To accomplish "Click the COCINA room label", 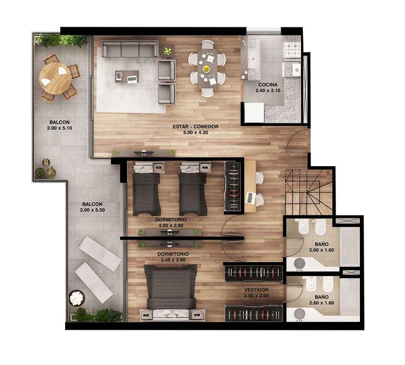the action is pyautogui.click(x=268, y=85).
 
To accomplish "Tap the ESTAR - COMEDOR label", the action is pyautogui.click(x=196, y=127).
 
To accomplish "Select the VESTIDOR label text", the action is pyautogui.click(x=256, y=290).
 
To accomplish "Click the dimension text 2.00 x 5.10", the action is pyautogui.click(x=60, y=128).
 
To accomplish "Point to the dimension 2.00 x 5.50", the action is pyautogui.click(x=92, y=210).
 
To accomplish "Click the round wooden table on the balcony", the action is pyautogui.click(x=55, y=78).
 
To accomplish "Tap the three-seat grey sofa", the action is pyautogui.click(x=130, y=49).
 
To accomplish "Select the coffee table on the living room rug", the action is pyautogui.click(x=127, y=77).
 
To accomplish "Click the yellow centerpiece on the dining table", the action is pyautogui.click(x=206, y=69).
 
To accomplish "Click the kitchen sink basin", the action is pyautogui.click(x=253, y=58).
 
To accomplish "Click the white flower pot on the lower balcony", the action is pyautogui.click(x=77, y=298).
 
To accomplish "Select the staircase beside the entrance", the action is pyautogui.click(x=308, y=192).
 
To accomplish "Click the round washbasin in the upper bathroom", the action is pyautogui.click(x=299, y=263).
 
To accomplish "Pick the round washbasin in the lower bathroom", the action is pyautogui.click(x=299, y=314).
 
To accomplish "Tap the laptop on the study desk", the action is pyautogui.click(x=251, y=198).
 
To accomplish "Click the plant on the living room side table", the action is pyautogui.click(x=168, y=52).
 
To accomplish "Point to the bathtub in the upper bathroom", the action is pyautogui.click(x=350, y=247).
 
